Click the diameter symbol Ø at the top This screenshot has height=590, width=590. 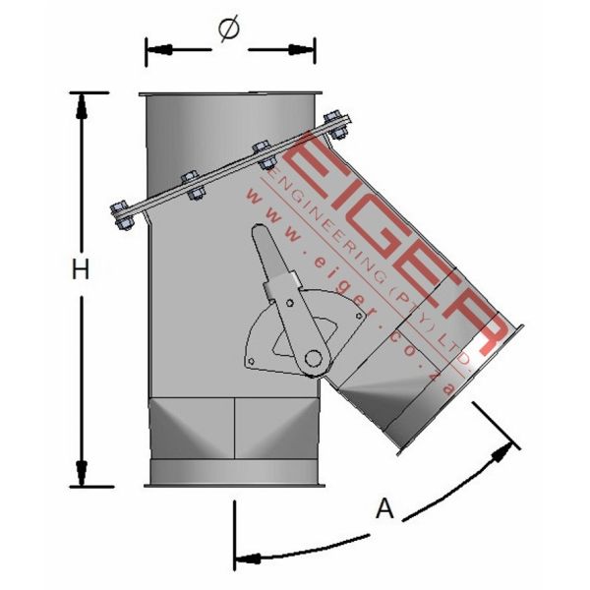[227, 32]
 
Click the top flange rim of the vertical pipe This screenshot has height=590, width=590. [231, 93]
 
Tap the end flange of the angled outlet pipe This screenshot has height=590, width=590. [460, 388]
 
